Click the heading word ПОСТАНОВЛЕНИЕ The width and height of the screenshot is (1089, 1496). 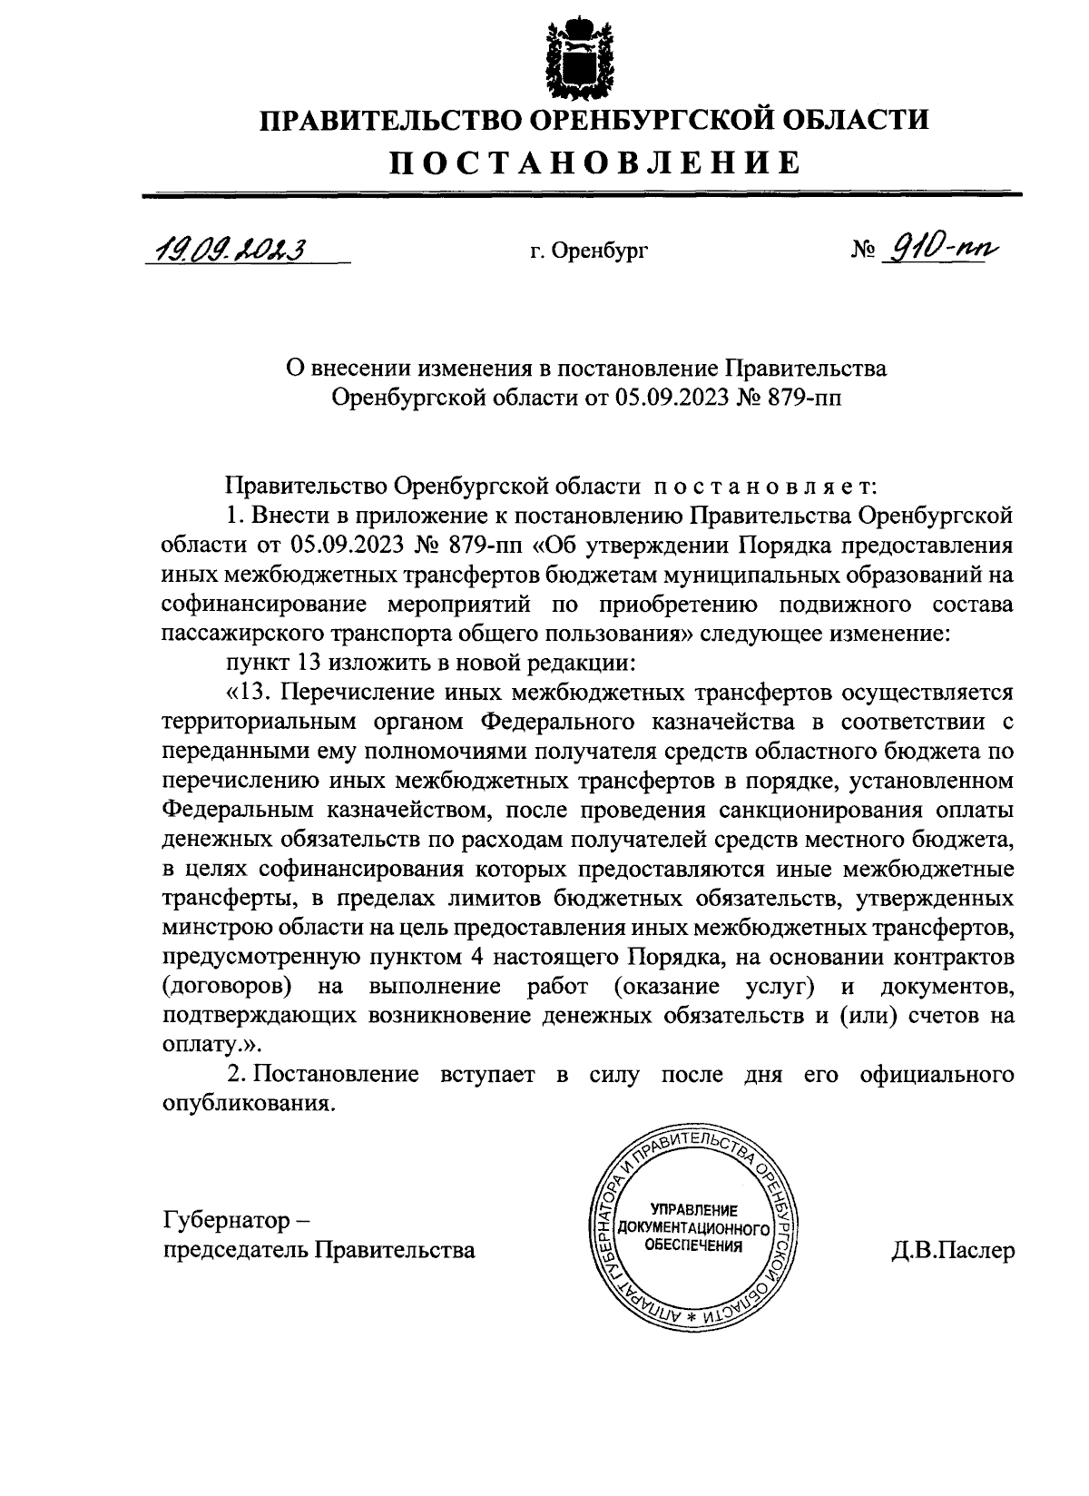point(595,162)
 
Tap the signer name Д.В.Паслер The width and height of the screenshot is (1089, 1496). point(953,1250)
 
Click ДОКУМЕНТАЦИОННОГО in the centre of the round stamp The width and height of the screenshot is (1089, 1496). point(693,1228)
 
